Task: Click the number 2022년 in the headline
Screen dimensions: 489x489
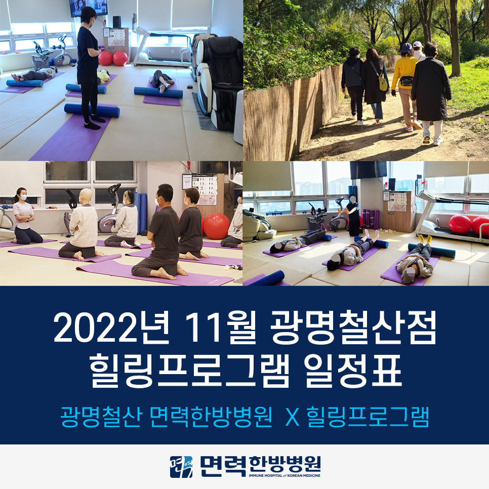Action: [x=111, y=328]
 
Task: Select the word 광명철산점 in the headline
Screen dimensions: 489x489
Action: [x=352, y=328]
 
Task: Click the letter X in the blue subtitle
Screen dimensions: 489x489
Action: [x=293, y=417]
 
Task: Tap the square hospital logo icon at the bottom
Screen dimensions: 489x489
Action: [x=181, y=467]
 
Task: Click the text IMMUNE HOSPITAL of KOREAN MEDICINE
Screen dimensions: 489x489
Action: [x=284, y=476]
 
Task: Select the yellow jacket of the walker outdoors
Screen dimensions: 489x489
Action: [x=404, y=72]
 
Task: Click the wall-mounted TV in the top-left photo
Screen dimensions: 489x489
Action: [x=89, y=8]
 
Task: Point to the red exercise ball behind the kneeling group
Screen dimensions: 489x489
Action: [x=216, y=226]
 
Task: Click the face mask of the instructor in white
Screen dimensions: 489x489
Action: [x=23, y=198]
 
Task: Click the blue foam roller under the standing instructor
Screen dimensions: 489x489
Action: [x=92, y=110]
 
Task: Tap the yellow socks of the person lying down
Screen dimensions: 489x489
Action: [x=424, y=239]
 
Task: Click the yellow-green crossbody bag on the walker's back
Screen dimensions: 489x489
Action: [x=383, y=82]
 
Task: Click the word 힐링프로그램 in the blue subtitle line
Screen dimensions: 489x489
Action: [x=368, y=417]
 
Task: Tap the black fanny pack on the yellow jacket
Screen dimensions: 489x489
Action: [x=406, y=81]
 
